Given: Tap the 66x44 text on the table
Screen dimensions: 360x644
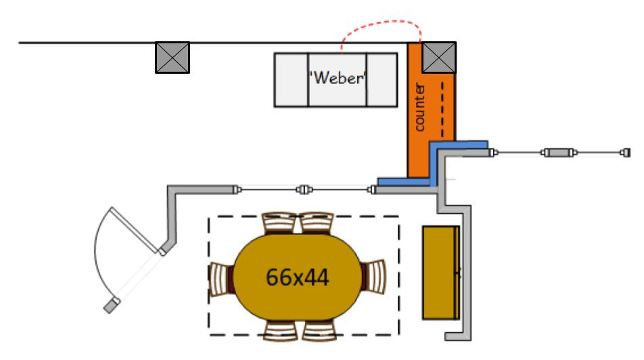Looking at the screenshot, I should (298, 277).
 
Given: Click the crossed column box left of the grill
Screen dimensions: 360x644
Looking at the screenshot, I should (172, 57).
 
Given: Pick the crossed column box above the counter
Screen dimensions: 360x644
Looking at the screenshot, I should (439, 57).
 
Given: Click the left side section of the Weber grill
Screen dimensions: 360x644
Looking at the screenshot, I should (291, 79).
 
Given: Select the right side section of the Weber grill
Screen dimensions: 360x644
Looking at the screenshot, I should (382, 79).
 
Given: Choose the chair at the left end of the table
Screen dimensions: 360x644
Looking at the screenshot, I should (221, 277).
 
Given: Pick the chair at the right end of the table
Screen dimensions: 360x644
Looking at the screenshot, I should (374, 277).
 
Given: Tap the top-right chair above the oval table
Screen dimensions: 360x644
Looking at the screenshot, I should (316, 223).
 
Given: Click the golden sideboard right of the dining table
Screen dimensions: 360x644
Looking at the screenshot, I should (441, 273).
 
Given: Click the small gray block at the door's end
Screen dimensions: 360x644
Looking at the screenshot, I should (110, 307).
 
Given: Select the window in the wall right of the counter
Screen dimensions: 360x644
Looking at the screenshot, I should (558, 153).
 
